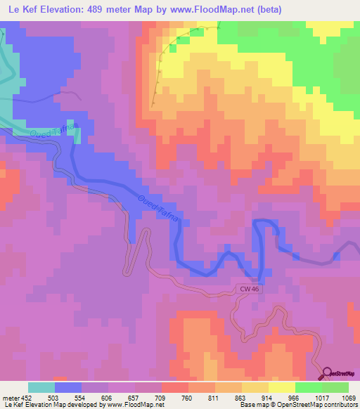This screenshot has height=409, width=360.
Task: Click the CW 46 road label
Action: tap(244, 288)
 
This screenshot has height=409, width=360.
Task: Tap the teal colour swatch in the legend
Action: tap(41, 387)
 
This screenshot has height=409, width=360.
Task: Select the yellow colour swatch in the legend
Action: tap(281, 387)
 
